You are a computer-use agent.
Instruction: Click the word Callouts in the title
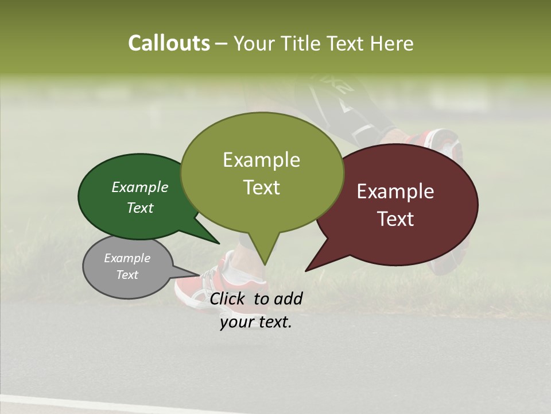click(169, 43)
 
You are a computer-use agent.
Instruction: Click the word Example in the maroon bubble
click(395, 191)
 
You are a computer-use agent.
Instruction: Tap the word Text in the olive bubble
click(262, 187)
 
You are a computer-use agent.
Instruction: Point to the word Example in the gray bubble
click(127, 258)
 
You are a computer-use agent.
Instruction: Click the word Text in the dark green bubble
click(140, 208)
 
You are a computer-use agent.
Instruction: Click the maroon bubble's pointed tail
click(310, 267)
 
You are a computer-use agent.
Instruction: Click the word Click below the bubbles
click(228, 298)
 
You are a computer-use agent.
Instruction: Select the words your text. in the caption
click(256, 322)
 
